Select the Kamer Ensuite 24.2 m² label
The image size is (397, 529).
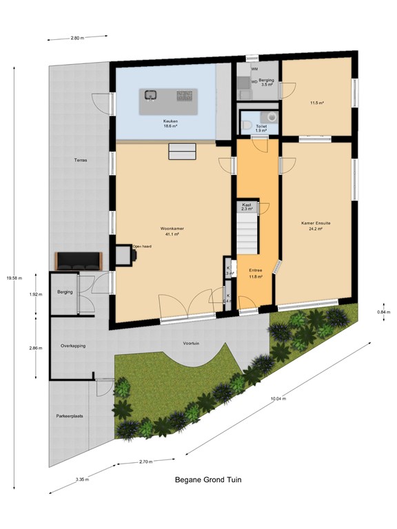(x=316, y=226)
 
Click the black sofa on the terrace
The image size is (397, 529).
(x=79, y=260)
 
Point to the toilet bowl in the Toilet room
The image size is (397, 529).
(x=246, y=125)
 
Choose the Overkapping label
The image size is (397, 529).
(x=73, y=345)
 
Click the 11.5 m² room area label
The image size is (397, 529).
(x=317, y=103)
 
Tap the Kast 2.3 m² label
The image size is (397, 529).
(x=247, y=206)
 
